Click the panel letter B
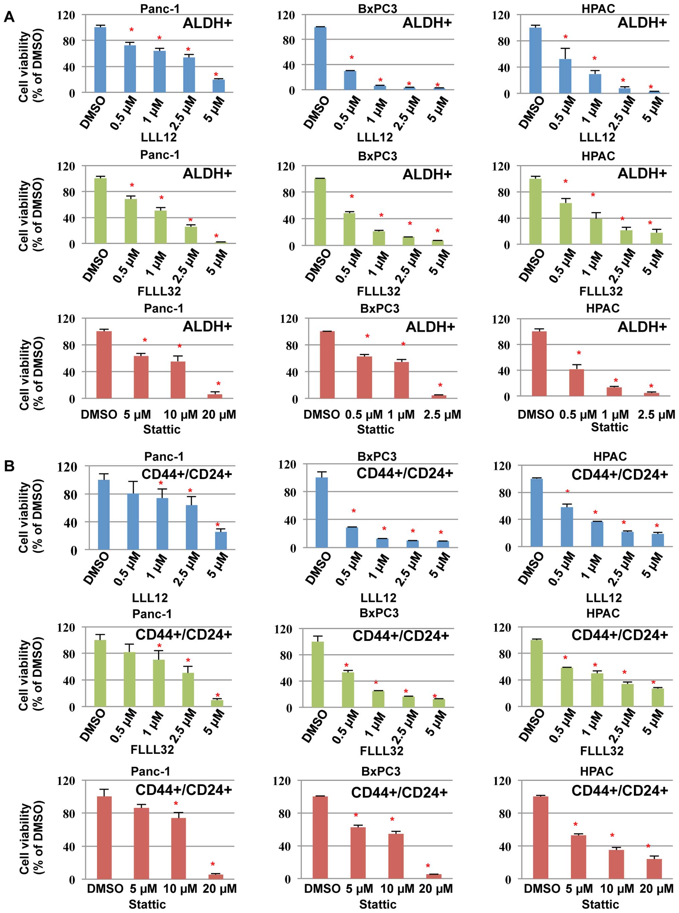click(x=9, y=466)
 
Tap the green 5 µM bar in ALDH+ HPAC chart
click(x=656, y=238)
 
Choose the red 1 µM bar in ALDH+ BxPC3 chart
click(x=401, y=380)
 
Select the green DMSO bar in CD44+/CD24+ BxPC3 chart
click(x=318, y=674)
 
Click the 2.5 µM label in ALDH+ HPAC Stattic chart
click(x=656, y=415)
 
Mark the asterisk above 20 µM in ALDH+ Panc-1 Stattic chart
click(x=218, y=384)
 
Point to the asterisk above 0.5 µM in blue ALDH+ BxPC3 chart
click(x=351, y=58)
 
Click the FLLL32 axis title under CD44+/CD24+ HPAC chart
click(x=602, y=751)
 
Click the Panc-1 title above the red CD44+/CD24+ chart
click(x=150, y=771)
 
